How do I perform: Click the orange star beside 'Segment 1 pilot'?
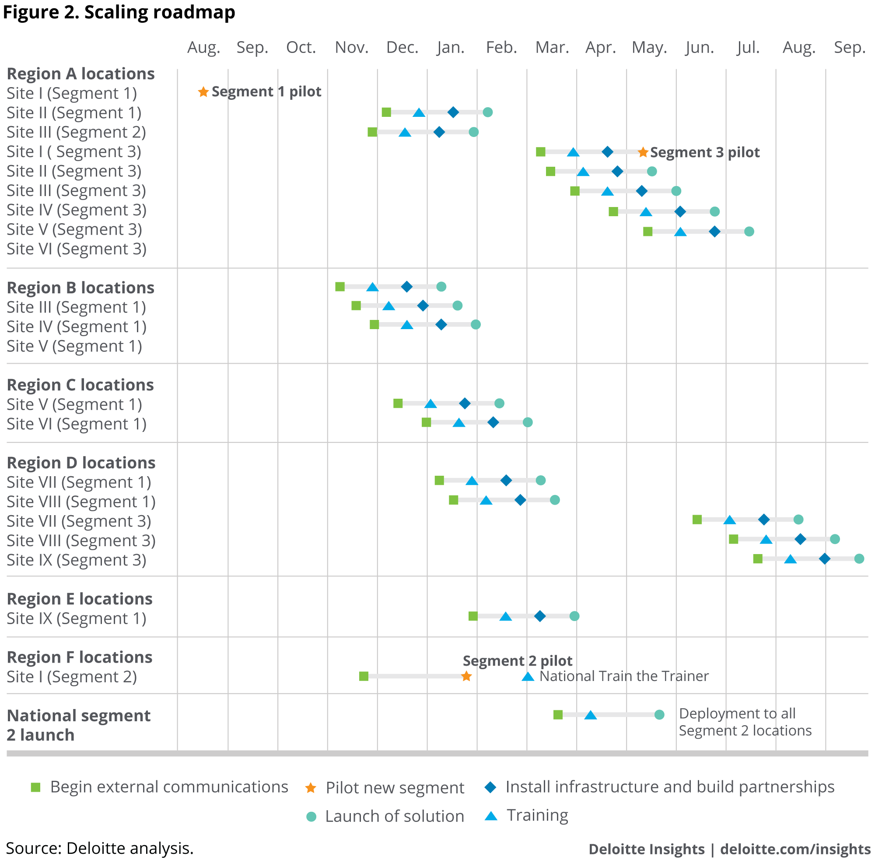point(203,92)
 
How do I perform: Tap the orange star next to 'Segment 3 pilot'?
point(643,152)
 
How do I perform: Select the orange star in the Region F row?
point(466,676)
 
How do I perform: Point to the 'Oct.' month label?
point(301,48)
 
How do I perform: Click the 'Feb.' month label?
point(501,48)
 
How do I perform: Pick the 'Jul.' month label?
point(748,48)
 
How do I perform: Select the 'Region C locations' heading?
point(80,385)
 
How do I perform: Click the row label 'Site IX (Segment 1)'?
point(76,618)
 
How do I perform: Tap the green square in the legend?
point(35,787)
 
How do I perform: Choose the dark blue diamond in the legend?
point(490,787)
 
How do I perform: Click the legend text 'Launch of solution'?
point(395,816)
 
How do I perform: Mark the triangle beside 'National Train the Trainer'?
point(528,677)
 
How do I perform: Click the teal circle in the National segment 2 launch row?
point(659,715)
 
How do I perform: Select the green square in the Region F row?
point(364,676)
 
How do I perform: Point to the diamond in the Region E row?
point(539,616)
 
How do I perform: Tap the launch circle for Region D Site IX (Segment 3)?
point(859,559)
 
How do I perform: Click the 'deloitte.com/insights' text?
point(795,849)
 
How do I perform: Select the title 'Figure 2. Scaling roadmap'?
point(119,12)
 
